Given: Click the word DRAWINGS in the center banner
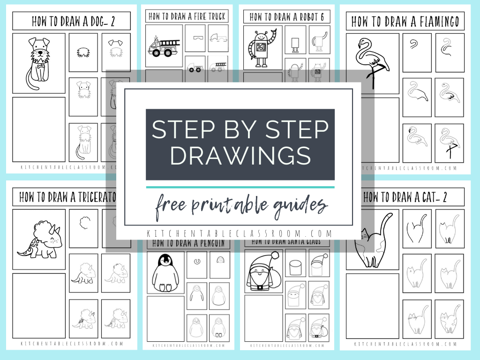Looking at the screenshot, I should pyautogui.click(x=240, y=155).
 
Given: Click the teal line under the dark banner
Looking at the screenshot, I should pyautogui.click(x=240, y=187).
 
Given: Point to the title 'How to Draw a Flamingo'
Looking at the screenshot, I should pyautogui.click(x=405, y=21).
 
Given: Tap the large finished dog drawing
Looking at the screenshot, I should pyautogui.click(x=38, y=63).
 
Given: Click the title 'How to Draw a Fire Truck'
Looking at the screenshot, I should pyautogui.click(x=187, y=16).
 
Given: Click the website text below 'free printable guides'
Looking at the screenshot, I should pyautogui.click(x=240, y=233).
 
